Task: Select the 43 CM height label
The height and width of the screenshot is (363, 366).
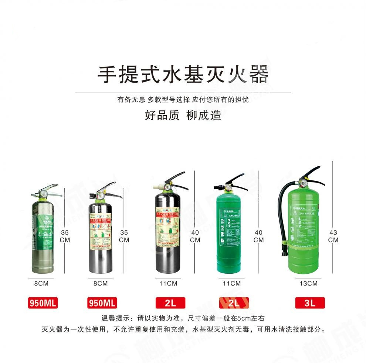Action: pos(333,236)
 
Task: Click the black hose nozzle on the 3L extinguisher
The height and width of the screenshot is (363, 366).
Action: pos(285,251)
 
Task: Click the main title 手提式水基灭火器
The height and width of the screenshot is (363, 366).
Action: pos(183,75)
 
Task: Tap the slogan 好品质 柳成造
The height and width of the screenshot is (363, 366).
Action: pos(183,115)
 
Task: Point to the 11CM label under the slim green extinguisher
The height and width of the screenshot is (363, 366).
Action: pos(232,283)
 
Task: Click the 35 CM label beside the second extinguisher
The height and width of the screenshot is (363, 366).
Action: pos(125,236)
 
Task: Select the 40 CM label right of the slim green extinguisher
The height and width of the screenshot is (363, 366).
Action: pos(259,236)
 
